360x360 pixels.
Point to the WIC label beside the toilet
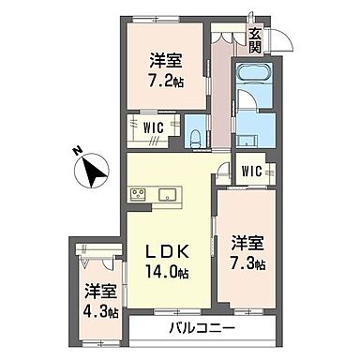[154, 127]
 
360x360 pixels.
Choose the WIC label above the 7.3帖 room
[251, 172]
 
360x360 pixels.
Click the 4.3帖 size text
[99, 310]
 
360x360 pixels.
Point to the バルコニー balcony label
[201, 328]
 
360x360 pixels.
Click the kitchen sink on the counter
[170, 194]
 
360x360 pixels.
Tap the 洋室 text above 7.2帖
[165, 61]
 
